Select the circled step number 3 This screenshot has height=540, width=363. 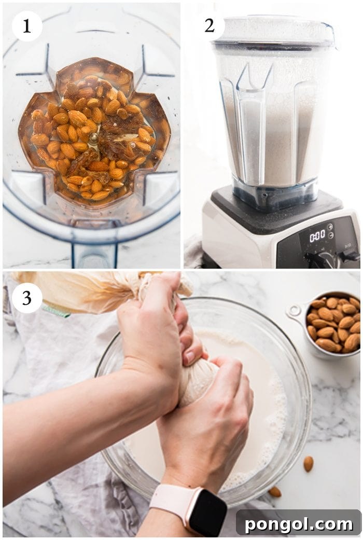pyautogui.click(x=26, y=298)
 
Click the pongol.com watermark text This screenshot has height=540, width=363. pyautogui.click(x=298, y=524)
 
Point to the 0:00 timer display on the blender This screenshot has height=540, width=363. pyautogui.click(x=317, y=237)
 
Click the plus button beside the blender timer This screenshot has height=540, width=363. pyautogui.click(x=330, y=227)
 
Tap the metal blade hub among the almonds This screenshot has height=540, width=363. pyautogui.click(x=93, y=139)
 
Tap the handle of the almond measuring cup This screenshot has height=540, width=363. pyautogui.click(x=294, y=312)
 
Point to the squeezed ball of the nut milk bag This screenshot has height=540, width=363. pyautogui.click(x=200, y=381)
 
